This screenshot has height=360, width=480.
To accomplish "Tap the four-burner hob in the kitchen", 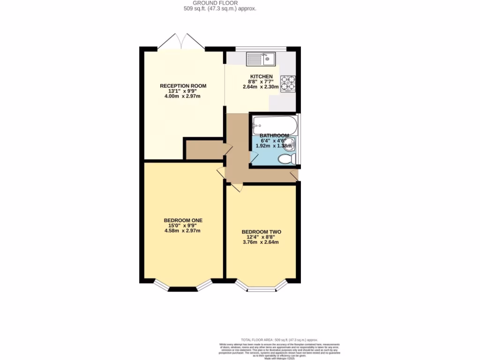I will (x=288, y=83).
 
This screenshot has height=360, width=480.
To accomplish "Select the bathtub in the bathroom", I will (x=274, y=124).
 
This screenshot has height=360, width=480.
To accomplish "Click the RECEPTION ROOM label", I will (x=183, y=86).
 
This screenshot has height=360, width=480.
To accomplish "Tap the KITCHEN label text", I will (x=261, y=76).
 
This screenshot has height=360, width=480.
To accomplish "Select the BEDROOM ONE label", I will (x=183, y=220).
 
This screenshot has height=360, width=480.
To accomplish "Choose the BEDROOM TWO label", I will (x=261, y=232).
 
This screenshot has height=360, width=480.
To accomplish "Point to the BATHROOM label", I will (x=274, y=135).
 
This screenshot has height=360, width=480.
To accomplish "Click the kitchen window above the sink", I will (x=261, y=49).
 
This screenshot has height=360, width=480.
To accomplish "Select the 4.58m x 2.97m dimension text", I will (x=183, y=231).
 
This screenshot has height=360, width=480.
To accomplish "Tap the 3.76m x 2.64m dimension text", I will (x=261, y=242).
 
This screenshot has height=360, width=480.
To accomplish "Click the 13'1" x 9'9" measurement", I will (x=183, y=91).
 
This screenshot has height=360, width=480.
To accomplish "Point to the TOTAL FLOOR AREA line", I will (x=279, y=339).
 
